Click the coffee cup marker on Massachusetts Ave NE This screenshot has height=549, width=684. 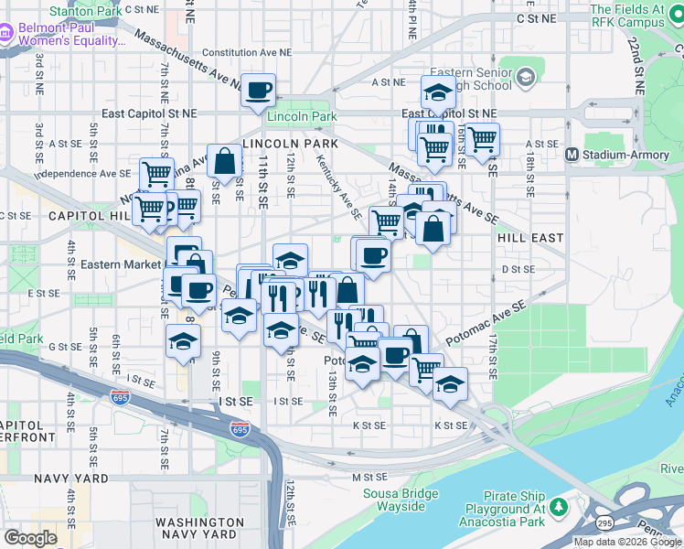(259, 90)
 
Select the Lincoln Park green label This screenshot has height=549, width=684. (302, 117)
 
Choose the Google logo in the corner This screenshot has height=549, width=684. (30, 538)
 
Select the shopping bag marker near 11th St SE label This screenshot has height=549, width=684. (224, 161)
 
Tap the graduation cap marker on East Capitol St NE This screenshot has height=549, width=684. (438, 92)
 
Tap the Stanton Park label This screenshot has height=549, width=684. (84, 11)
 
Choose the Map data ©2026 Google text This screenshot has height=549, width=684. (626, 541)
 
